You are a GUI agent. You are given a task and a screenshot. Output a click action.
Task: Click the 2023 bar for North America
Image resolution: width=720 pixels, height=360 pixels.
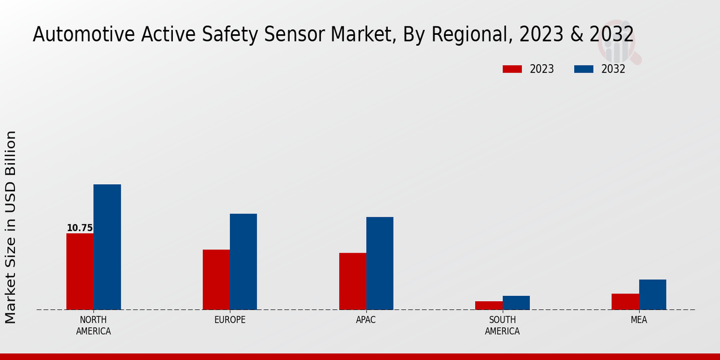pos(80,271)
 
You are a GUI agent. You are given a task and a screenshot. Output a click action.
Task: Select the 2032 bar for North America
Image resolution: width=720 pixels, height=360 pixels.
pos(107,247)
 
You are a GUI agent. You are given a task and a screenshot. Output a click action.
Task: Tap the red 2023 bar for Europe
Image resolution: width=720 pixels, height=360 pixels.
pos(216,280)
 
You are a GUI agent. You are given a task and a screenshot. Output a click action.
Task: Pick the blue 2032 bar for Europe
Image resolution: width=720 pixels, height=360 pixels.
pos(243,262)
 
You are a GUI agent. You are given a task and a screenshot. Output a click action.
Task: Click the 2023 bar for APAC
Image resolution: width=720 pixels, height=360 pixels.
pos(352,281)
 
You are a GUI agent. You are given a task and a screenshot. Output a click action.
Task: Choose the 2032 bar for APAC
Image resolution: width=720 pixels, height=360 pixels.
pos(380,263)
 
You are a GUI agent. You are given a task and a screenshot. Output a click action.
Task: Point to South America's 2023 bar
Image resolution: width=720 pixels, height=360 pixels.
pos(488,305)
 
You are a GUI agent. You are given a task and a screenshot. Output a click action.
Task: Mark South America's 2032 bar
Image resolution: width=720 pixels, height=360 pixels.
pos(516,302)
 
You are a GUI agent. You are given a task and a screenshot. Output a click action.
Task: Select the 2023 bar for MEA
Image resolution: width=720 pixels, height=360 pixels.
pos(625,301)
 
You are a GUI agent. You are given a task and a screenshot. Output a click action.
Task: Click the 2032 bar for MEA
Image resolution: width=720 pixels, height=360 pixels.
pos(652,295)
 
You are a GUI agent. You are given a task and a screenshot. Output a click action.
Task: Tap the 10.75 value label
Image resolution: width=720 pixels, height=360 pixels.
pos(80,228)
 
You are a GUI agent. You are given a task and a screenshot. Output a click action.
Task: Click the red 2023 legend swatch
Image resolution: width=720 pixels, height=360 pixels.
pos(512,69)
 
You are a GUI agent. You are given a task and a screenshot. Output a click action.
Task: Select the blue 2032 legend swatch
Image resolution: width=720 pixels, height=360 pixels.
pos(584,69)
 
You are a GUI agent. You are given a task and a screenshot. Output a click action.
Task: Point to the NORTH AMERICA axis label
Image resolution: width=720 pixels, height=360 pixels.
pos(94,325)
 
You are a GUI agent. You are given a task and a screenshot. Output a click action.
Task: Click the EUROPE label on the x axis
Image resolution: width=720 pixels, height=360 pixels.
pos(230,320)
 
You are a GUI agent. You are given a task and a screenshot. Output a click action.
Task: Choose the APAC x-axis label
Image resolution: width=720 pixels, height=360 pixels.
pos(365,320)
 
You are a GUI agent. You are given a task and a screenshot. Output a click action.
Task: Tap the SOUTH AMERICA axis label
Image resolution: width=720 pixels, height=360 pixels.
pos(502,325)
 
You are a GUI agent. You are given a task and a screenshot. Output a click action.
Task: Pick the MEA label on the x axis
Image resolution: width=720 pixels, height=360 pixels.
pos(638,320)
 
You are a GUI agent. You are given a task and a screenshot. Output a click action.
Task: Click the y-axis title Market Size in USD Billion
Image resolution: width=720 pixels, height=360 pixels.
pos(11,227)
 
